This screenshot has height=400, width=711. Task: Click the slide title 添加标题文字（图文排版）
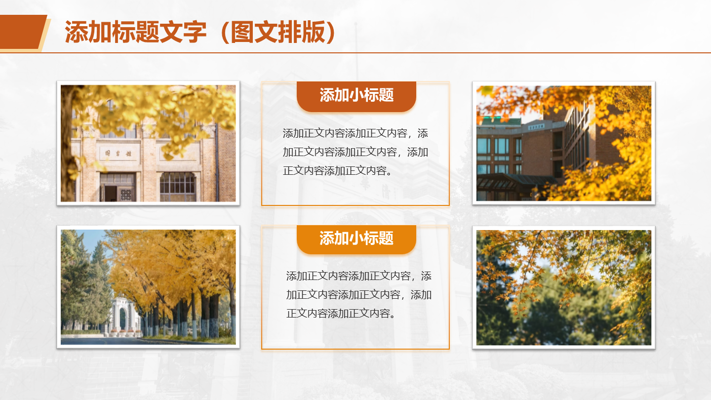tap(200, 32)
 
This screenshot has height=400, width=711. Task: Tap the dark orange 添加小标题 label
tap(356, 95)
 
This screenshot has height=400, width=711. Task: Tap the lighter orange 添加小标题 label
tap(356, 239)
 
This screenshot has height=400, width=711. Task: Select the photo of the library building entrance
tap(148, 143)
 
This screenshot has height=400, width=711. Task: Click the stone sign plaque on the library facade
tap(118, 153)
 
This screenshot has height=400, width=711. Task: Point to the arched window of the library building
tap(177, 187)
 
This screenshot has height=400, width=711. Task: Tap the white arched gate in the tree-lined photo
tap(125, 316)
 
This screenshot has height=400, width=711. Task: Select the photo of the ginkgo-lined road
tap(148, 287)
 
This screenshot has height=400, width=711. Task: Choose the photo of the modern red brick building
tap(564, 143)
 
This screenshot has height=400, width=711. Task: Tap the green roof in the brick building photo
tap(502, 121)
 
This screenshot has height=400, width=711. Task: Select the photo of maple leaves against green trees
tap(564, 287)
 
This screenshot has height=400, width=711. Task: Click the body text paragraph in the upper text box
tap(355, 152)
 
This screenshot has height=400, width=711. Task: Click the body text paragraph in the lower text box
tap(358, 295)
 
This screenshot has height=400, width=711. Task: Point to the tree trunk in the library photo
tap(68, 146)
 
